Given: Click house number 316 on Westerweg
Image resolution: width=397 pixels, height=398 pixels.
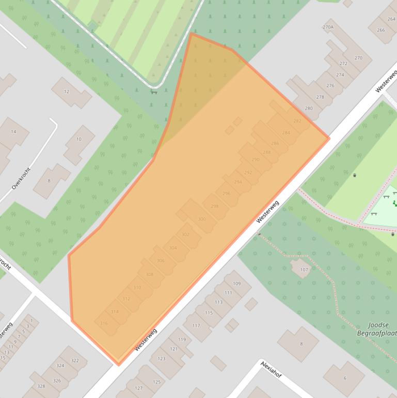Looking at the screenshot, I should click(x=104, y=323).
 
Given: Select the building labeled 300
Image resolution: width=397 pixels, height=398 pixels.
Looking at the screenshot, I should click(x=202, y=219).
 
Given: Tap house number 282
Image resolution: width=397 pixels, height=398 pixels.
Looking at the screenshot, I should click(x=297, y=121).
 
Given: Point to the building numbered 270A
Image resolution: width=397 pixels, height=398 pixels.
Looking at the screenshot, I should click(x=328, y=27).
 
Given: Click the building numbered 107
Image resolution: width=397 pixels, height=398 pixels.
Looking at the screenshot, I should click(x=304, y=269).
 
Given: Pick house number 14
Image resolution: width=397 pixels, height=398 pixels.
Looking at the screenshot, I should click(x=13, y=132).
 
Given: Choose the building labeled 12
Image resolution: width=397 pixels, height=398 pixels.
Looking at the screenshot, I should click(x=66, y=91).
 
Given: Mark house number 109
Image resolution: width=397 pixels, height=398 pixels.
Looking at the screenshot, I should click(x=236, y=284).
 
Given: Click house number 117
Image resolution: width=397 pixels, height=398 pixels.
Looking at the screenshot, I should click(x=196, y=326).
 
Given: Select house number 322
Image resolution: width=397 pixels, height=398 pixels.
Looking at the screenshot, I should click(x=75, y=360).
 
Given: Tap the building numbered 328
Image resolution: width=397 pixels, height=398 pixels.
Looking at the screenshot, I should click(x=41, y=386).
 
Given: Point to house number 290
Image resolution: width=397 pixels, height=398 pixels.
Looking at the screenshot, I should click(x=255, y=160).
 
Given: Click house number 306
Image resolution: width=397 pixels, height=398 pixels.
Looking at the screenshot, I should click(x=161, y=261).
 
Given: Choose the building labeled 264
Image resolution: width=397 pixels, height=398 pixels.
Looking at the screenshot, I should click(x=391, y=19).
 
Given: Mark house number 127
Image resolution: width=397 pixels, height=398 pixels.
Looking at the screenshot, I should click(x=138, y=388).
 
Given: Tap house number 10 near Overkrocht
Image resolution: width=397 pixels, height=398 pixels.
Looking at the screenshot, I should click(x=78, y=139).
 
